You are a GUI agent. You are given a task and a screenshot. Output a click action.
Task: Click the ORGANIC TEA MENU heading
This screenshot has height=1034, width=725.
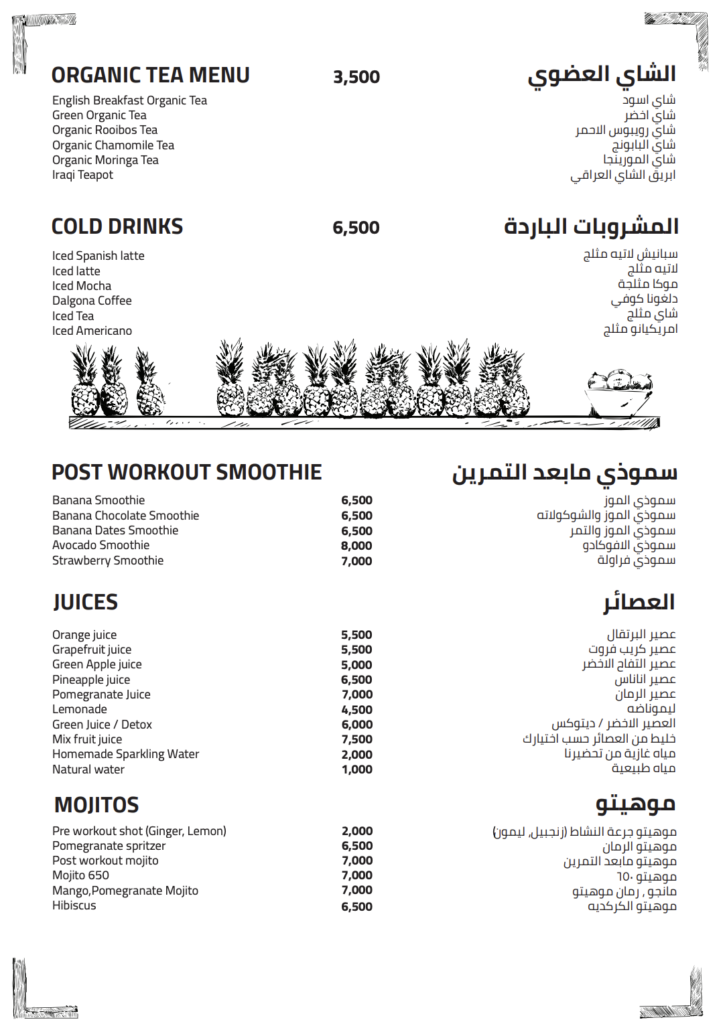click(x=150, y=76)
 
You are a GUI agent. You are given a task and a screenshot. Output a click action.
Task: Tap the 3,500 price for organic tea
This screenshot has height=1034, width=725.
click(x=356, y=77)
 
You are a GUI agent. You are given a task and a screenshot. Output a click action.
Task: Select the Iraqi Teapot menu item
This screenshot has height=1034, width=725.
click(x=82, y=175)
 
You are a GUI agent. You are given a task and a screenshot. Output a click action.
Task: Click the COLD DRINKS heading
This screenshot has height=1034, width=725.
click(x=117, y=227)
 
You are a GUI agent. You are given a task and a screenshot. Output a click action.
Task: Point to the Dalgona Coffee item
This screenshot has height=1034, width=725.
click(x=92, y=301)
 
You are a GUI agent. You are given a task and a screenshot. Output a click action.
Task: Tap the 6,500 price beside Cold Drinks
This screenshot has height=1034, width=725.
click(x=356, y=228)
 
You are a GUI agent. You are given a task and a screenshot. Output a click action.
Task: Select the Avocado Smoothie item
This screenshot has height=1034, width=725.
click(x=101, y=545)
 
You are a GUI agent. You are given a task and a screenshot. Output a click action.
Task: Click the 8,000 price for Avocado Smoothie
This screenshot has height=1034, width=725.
click(x=356, y=546)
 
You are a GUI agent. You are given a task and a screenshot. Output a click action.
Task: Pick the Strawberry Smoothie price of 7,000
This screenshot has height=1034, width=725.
click(x=356, y=561)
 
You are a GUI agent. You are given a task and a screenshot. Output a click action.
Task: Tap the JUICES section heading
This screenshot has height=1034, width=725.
click(x=86, y=602)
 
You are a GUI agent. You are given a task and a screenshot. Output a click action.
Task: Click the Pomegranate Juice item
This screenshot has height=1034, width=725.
click(x=101, y=694)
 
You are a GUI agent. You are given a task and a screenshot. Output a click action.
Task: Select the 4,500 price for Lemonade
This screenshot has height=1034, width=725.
click(x=356, y=710)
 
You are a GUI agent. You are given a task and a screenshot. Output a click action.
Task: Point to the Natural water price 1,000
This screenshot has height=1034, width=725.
click(x=356, y=769)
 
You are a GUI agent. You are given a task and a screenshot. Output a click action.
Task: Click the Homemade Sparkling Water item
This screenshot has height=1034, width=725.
click(x=125, y=754)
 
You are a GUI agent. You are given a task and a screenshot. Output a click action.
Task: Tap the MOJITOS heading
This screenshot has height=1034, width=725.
click(x=96, y=805)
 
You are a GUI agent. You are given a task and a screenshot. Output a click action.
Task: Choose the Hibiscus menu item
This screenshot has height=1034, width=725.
click(x=74, y=905)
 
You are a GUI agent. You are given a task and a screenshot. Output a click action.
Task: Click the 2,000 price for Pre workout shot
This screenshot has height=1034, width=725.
click(x=356, y=831)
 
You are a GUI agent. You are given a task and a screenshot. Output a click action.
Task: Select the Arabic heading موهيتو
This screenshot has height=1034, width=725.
click(x=635, y=804)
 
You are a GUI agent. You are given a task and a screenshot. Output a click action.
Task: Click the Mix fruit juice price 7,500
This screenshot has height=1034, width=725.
click(x=356, y=739)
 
